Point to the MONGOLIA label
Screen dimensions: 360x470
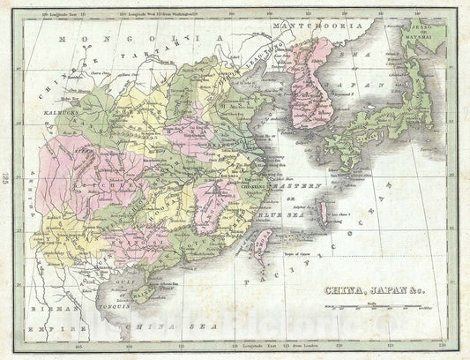[x=132, y=39]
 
